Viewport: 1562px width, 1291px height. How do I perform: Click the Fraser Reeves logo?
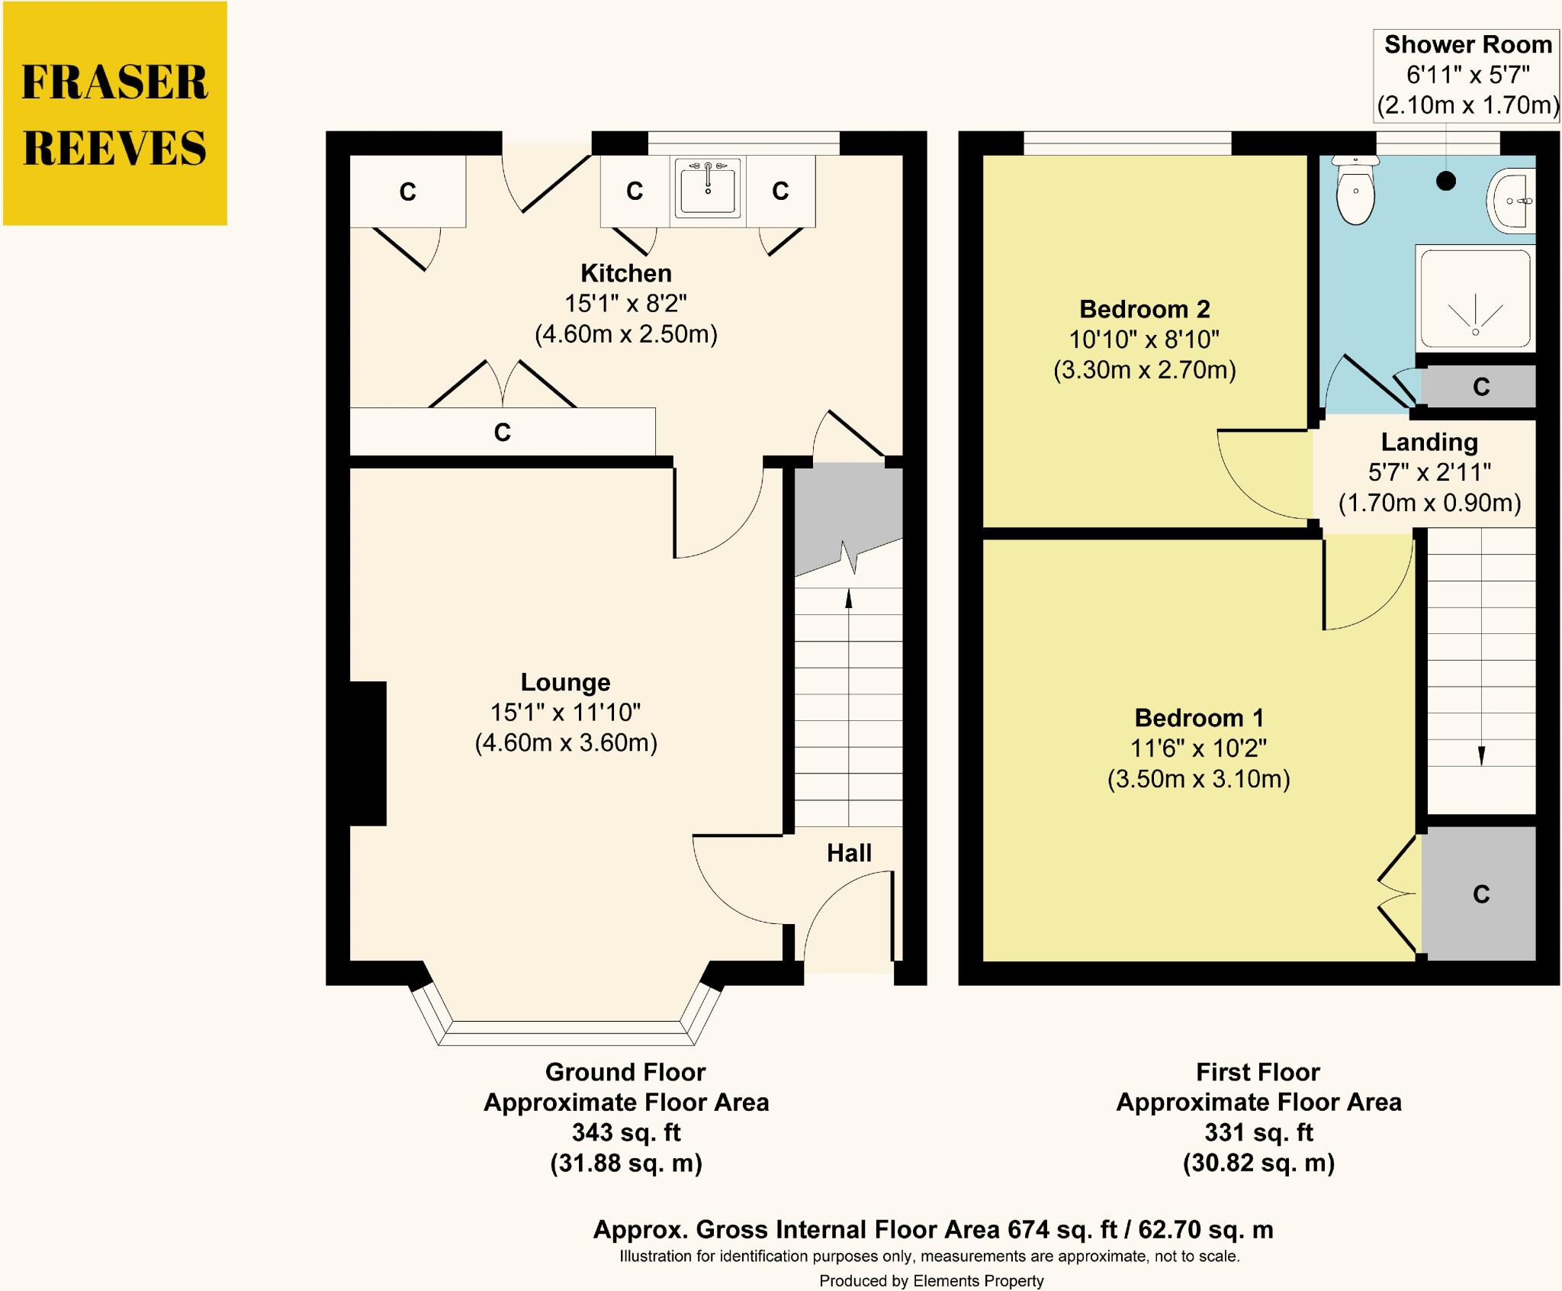115,114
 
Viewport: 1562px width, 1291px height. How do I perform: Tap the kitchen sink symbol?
708,188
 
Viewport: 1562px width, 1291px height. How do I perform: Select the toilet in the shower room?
1355,190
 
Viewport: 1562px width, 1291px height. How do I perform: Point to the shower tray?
1475,298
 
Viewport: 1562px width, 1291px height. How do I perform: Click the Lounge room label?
565,682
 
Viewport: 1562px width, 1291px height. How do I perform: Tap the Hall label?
849,853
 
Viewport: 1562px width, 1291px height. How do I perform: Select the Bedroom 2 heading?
1145,309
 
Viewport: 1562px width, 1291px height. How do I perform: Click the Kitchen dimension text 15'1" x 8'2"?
625,304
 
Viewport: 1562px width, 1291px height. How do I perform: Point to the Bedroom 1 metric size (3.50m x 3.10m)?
1199,779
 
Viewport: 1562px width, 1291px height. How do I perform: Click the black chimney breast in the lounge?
368,753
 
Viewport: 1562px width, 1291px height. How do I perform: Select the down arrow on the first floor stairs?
1481,649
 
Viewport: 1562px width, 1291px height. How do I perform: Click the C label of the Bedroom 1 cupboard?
1481,894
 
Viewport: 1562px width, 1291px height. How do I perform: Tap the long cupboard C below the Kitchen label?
502,433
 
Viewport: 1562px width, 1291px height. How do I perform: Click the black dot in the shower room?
1446,181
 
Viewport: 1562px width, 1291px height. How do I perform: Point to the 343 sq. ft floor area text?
626,1133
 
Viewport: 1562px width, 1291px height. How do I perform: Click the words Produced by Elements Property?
931,1281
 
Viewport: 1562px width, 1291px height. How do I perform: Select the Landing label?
1429,442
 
